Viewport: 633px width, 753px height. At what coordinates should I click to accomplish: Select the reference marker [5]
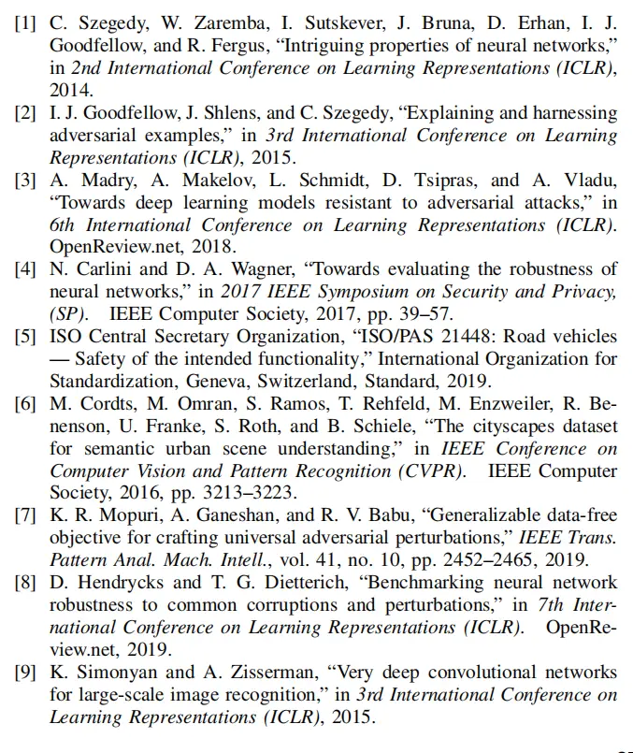[25, 337]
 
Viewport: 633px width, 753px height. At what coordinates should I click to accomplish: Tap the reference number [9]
[25, 673]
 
